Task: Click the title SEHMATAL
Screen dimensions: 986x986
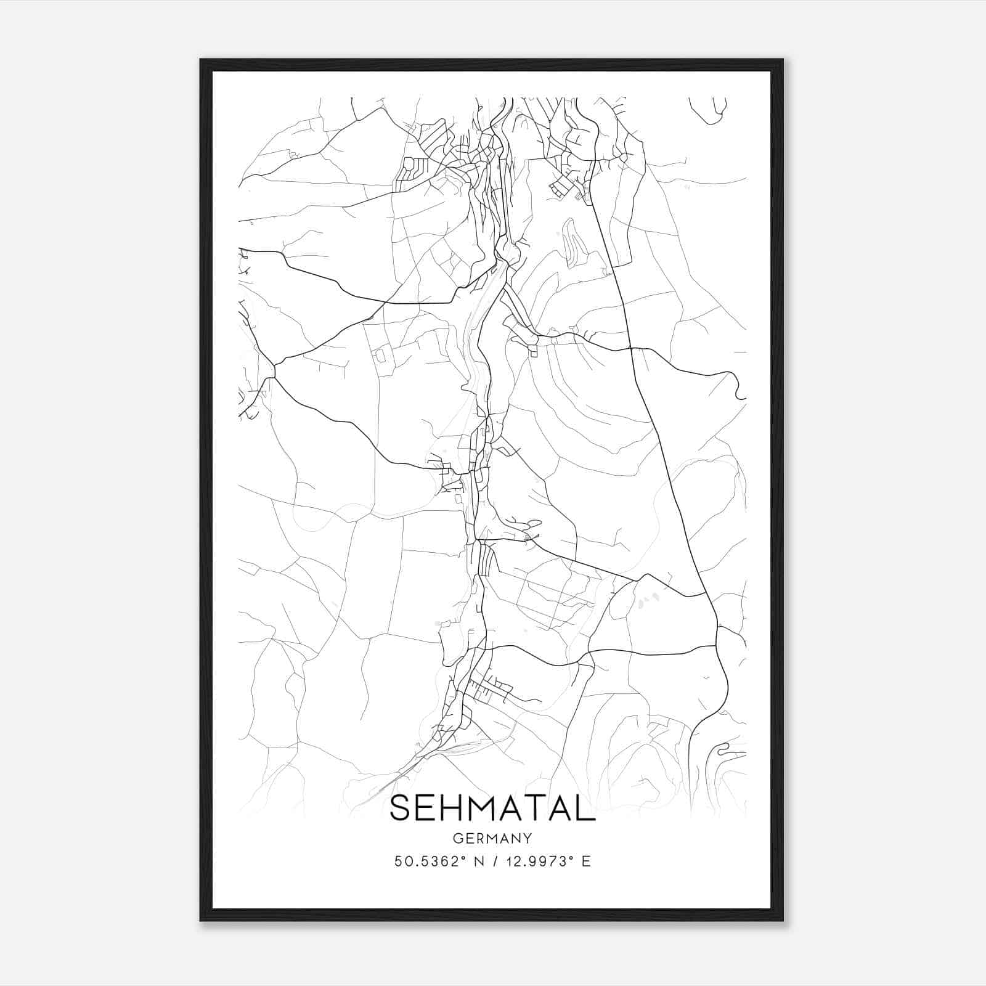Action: (x=492, y=808)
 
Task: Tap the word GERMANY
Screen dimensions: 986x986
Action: (x=492, y=838)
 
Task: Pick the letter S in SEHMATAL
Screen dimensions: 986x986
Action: (x=401, y=808)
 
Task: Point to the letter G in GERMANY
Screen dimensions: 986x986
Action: (x=457, y=838)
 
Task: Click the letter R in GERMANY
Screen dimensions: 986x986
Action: (x=480, y=838)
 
